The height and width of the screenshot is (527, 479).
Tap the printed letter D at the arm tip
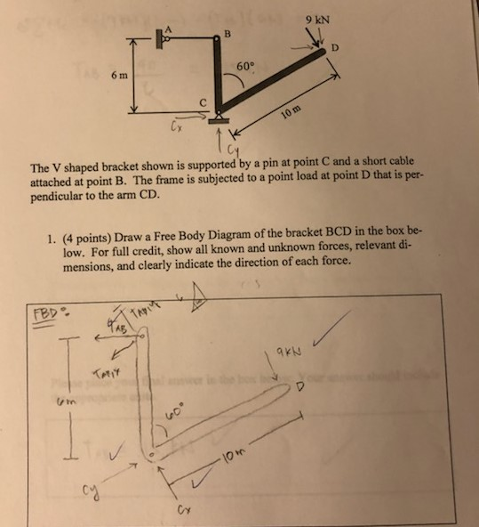click(335, 48)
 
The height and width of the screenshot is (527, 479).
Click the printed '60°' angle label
click(245, 67)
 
